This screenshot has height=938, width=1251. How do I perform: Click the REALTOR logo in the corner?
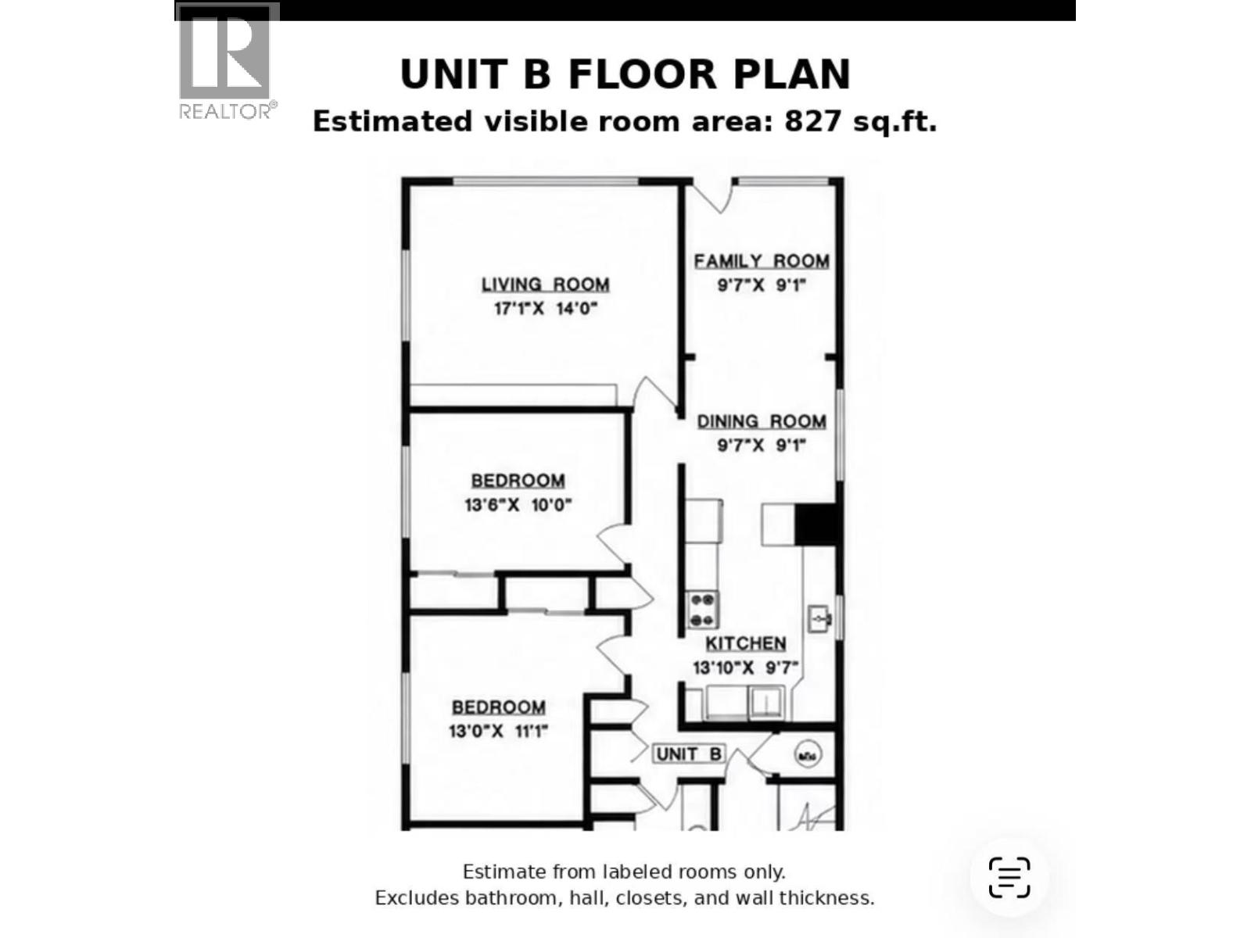[228, 62]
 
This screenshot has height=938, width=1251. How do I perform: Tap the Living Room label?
[546, 285]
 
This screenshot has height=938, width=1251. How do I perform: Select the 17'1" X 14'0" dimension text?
[546, 309]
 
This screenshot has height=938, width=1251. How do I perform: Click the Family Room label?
[762, 261]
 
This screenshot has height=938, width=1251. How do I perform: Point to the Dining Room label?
[762, 421]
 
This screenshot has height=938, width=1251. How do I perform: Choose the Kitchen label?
[746, 643]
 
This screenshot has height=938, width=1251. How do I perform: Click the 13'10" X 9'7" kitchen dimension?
[745, 668]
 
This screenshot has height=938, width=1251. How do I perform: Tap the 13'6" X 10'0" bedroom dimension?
[518, 505]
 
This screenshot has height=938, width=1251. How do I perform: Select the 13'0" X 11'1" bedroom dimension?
[498, 732]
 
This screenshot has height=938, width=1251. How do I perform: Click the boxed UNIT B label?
[689, 754]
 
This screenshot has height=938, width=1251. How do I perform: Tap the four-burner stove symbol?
[702, 610]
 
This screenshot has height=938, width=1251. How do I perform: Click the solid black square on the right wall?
[816, 524]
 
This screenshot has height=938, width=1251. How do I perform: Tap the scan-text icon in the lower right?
[1009, 878]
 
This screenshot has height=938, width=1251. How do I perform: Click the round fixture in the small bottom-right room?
[808, 755]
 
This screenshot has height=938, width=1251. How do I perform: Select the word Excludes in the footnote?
[418, 898]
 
